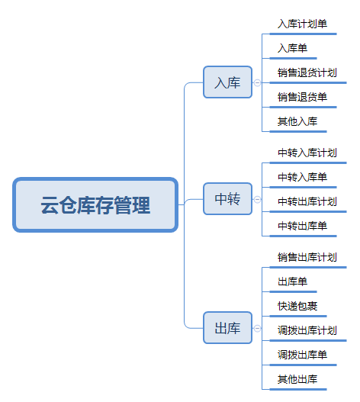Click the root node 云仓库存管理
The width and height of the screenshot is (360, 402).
(95, 205)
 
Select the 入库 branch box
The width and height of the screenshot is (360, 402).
(228, 82)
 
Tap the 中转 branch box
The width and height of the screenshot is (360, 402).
(228, 198)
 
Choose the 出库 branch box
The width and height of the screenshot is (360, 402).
(228, 328)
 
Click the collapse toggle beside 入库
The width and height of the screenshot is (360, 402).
(257, 83)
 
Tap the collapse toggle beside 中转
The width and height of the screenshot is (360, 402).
(257, 199)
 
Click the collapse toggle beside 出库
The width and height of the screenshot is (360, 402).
(257, 329)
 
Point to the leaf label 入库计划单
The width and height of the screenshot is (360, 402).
(302, 24)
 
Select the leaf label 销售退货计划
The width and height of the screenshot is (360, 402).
(307, 72)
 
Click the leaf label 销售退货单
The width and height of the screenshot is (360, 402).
(302, 97)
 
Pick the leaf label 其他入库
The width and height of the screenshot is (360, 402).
(297, 121)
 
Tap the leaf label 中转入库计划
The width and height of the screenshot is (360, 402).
(307, 153)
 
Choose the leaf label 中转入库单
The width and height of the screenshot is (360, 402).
(302, 177)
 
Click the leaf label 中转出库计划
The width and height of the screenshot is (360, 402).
(307, 201)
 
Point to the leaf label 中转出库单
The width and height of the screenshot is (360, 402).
(302, 226)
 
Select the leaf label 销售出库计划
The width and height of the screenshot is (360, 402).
(307, 257)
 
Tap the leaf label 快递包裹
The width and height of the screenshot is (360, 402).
(297, 306)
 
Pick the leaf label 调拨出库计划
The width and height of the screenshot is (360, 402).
(307, 330)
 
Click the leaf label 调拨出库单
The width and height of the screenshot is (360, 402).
(302, 355)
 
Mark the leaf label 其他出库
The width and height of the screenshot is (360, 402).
(297, 379)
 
